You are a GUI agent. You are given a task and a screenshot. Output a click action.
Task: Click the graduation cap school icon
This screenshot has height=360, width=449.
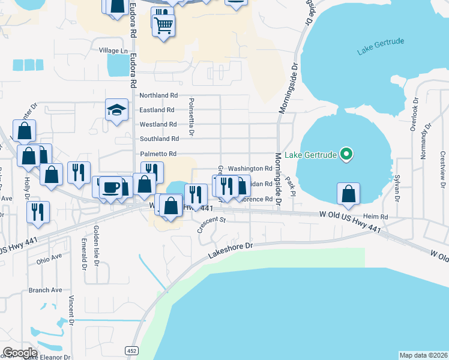pyautogui.click(x=117, y=110)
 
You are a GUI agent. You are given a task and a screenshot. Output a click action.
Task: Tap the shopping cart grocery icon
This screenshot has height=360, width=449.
pyautogui.click(x=163, y=25)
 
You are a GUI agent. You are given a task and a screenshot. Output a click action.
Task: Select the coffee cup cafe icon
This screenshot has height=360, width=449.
pyautogui.click(x=110, y=187)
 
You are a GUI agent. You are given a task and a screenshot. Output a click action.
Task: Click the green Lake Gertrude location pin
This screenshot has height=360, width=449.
pyautogui.click(x=346, y=155)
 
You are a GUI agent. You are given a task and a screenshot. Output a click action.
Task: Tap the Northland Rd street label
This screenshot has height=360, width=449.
pyautogui.click(x=158, y=95)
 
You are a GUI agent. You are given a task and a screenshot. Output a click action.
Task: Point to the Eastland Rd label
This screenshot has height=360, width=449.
pyautogui.click(x=157, y=110)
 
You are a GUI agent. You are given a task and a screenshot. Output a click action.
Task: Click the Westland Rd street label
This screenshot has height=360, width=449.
pyautogui.click(x=158, y=124)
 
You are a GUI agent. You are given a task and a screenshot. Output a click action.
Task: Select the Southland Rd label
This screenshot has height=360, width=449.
pyautogui.click(x=159, y=139)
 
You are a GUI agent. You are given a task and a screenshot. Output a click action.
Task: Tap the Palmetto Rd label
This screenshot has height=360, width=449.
pyautogui.click(x=158, y=154)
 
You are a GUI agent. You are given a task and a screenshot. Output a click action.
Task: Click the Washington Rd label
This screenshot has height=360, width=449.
pyautogui.click(x=250, y=169)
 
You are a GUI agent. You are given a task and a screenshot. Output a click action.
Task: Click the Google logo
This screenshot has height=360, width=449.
pyautogui.click(x=20, y=353)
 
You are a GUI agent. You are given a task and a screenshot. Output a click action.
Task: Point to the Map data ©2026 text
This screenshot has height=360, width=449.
pyautogui.click(x=423, y=355)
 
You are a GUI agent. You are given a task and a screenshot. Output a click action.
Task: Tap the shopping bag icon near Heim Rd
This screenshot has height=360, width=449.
pyautogui.click(x=348, y=194)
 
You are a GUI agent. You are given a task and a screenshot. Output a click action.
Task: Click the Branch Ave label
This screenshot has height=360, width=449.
pyautogui.click(x=45, y=290)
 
